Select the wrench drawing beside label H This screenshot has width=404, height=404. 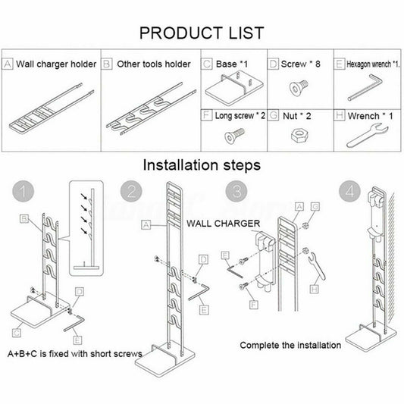[368, 136]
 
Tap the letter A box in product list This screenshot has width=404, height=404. [8, 64]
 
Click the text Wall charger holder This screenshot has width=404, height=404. [56, 64]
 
